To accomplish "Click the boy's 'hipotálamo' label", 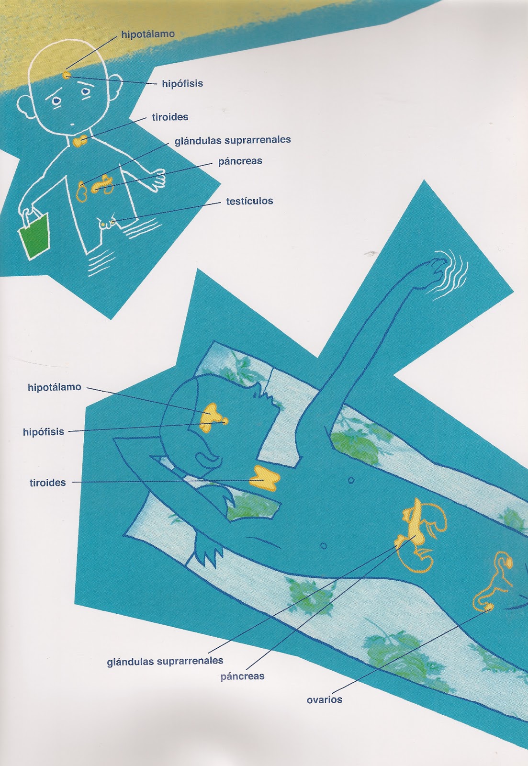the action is [x=148, y=34].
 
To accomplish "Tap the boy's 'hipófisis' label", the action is [x=182, y=84].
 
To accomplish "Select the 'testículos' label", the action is [x=249, y=201].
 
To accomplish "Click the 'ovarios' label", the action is [x=324, y=699].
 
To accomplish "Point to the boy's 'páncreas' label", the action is [x=240, y=161].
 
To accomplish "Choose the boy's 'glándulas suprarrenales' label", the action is [x=233, y=140].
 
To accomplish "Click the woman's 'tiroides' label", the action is [x=48, y=483].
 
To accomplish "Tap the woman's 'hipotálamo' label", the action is [x=55, y=387].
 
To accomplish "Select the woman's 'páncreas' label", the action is [x=242, y=676].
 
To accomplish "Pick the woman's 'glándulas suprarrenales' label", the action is [x=165, y=661].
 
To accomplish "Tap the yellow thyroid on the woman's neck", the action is [x=264, y=477].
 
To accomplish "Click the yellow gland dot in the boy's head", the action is [x=67, y=74].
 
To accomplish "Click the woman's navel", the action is [x=350, y=481].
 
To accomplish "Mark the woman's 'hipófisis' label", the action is [x=44, y=432].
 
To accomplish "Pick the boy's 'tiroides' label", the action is [x=170, y=117].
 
